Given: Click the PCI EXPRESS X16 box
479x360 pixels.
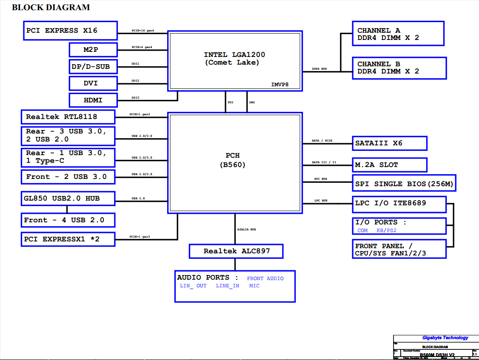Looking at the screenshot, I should click(x=70, y=31).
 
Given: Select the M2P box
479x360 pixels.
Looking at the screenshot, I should click(x=93, y=50).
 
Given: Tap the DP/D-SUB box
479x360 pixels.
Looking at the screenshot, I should click(x=93, y=66).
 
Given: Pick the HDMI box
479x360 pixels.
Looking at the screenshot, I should click(x=93, y=100).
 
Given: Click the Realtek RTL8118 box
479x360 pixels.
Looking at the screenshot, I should click(x=68, y=117).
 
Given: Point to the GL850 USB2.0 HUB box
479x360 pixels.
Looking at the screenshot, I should click(x=68, y=198).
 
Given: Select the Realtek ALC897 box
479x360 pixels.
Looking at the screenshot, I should click(x=236, y=251).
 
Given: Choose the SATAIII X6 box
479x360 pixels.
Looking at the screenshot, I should click(x=389, y=143).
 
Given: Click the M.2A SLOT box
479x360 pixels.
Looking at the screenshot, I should click(x=389, y=165).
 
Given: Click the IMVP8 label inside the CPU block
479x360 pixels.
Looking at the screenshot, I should click(x=280, y=85).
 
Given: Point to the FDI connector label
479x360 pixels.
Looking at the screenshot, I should click(x=231, y=102).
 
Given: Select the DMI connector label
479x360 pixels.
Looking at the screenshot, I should click(x=252, y=102).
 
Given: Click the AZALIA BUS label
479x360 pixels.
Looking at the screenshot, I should click(x=247, y=230).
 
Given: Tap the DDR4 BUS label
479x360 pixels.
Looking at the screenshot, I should click(x=319, y=69).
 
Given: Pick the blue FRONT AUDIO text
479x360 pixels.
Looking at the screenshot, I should click(x=265, y=279).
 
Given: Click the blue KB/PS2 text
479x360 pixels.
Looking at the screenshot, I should click(x=386, y=230).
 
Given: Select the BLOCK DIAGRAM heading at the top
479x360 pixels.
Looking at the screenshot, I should click(x=51, y=7).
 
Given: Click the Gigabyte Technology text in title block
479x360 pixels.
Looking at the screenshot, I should click(x=445, y=338).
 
